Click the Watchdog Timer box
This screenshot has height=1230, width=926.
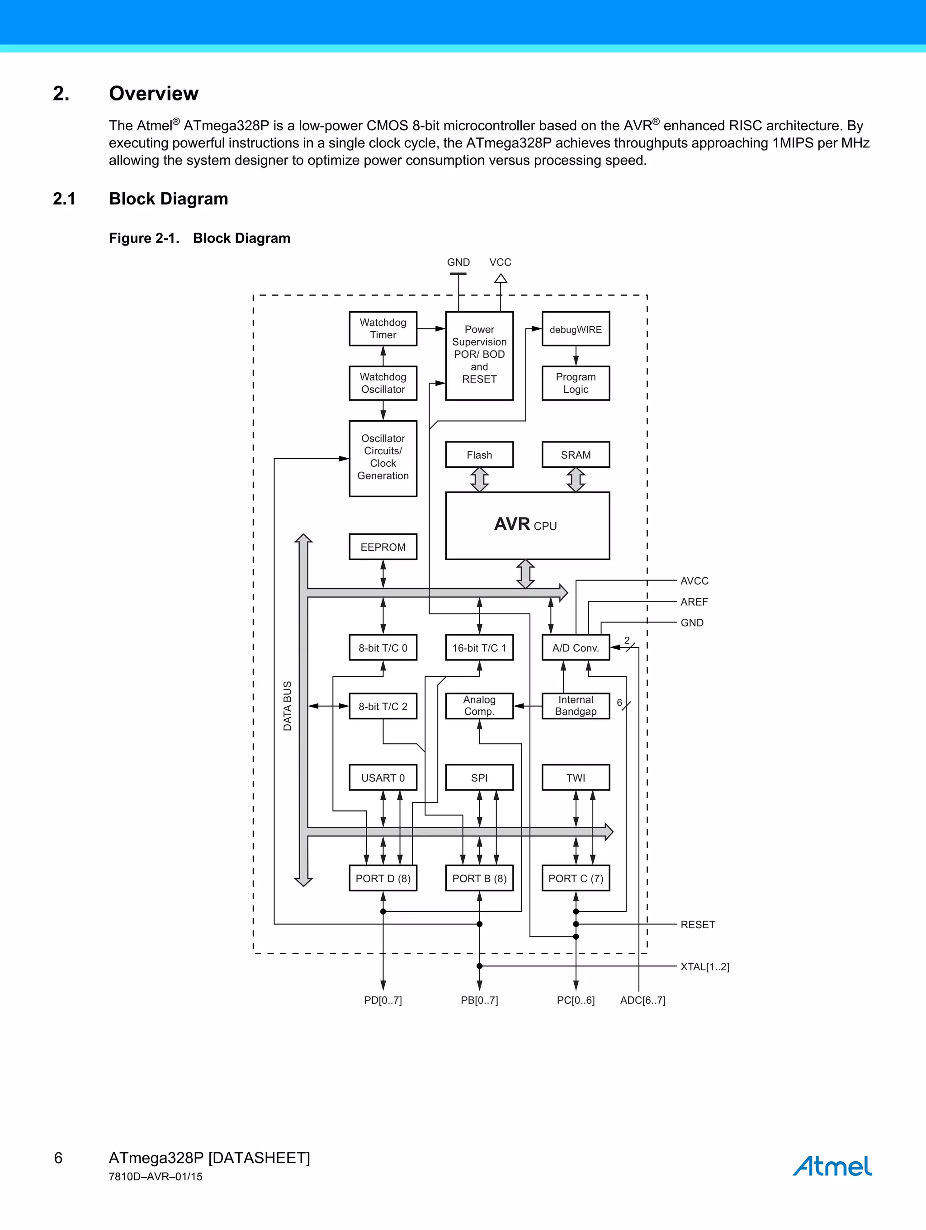point(383,328)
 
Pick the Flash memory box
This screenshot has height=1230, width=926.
point(479,455)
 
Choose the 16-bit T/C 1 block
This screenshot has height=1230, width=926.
point(479,648)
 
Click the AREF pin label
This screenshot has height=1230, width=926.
point(694,602)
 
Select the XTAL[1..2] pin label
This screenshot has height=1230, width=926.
point(704,966)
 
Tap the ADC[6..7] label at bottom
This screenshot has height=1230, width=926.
point(643,1000)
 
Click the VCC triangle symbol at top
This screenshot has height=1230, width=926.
point(501,278)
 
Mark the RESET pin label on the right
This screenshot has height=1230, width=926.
point(698,925)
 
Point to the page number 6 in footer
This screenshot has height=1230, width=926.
point(58,1158)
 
